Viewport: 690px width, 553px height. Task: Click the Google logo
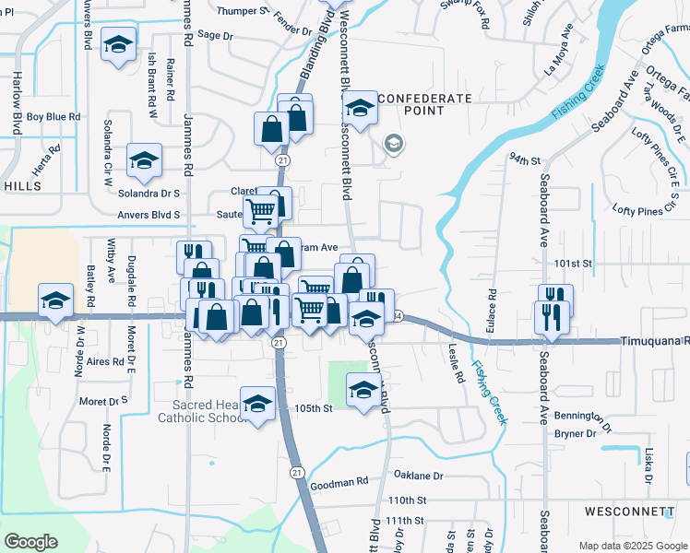point(30,541)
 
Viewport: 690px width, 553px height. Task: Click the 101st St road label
point(572,264)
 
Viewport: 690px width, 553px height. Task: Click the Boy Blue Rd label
point(54,117)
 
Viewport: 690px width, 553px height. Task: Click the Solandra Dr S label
point(155,194)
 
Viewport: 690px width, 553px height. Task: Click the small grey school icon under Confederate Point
point(394,143)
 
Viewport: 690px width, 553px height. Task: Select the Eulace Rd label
point(493,305)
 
